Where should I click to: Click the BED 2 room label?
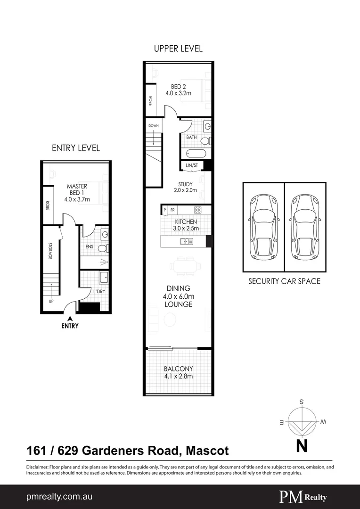tap(178, 90)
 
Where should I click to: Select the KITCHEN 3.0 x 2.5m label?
tap(186, 225)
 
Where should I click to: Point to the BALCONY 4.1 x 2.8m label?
tap(178, 372)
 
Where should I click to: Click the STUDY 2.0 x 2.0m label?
tap(185, 187)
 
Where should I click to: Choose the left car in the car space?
tap(263, 227)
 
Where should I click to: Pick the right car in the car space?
tap(305, 227)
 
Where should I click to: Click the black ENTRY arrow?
tap(69, 319)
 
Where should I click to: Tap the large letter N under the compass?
tap(301, 445)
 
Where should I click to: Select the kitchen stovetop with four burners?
tap(198, 210)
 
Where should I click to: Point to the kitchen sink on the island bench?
tap(186, 241)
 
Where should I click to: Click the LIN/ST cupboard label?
tap(192, 165)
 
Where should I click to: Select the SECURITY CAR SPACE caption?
tap(284, 281)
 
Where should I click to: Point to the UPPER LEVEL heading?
tap(178, 49)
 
